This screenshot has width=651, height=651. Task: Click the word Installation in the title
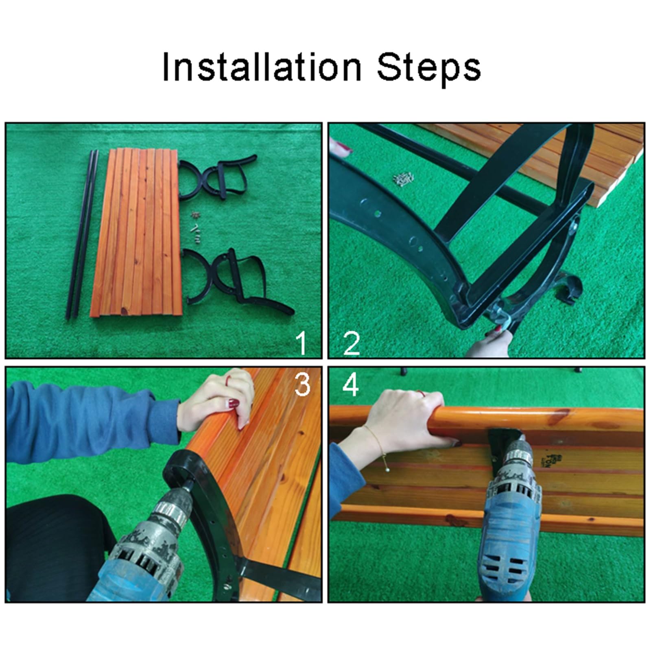262,67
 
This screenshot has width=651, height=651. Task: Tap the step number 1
301,343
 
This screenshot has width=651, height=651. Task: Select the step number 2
352,343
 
